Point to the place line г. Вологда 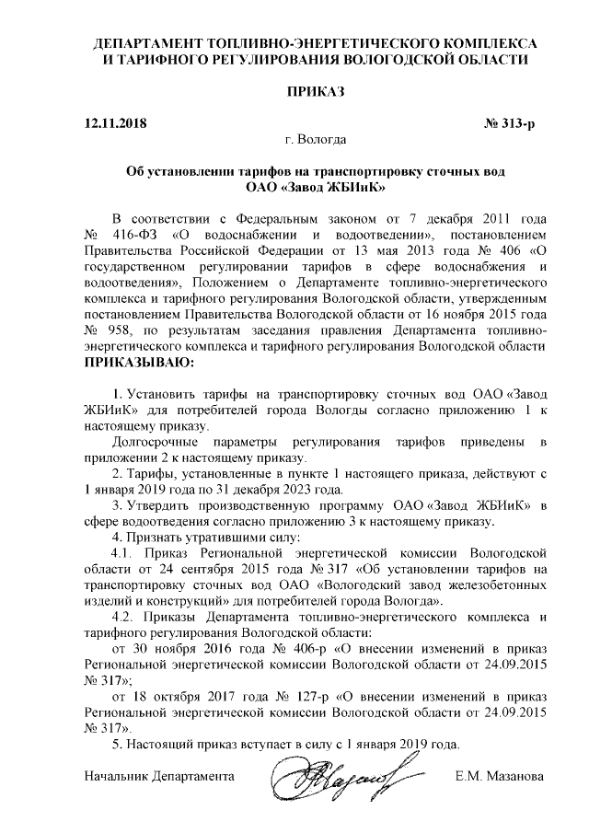pos(316,140)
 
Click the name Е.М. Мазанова pos(500,777)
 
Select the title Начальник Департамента pos(156,777)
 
